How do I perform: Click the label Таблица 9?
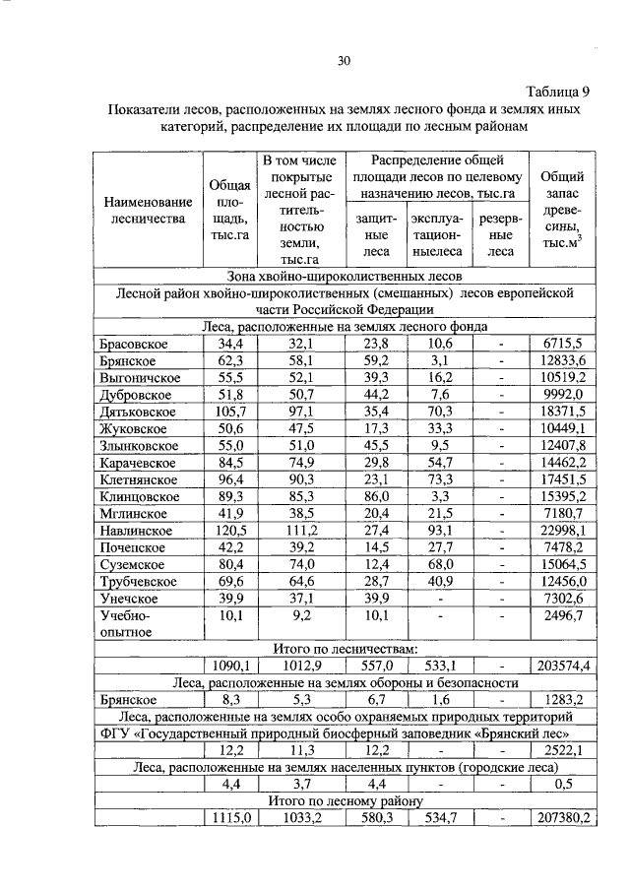tap(553, 90)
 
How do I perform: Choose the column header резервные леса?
tap(501, 235)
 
